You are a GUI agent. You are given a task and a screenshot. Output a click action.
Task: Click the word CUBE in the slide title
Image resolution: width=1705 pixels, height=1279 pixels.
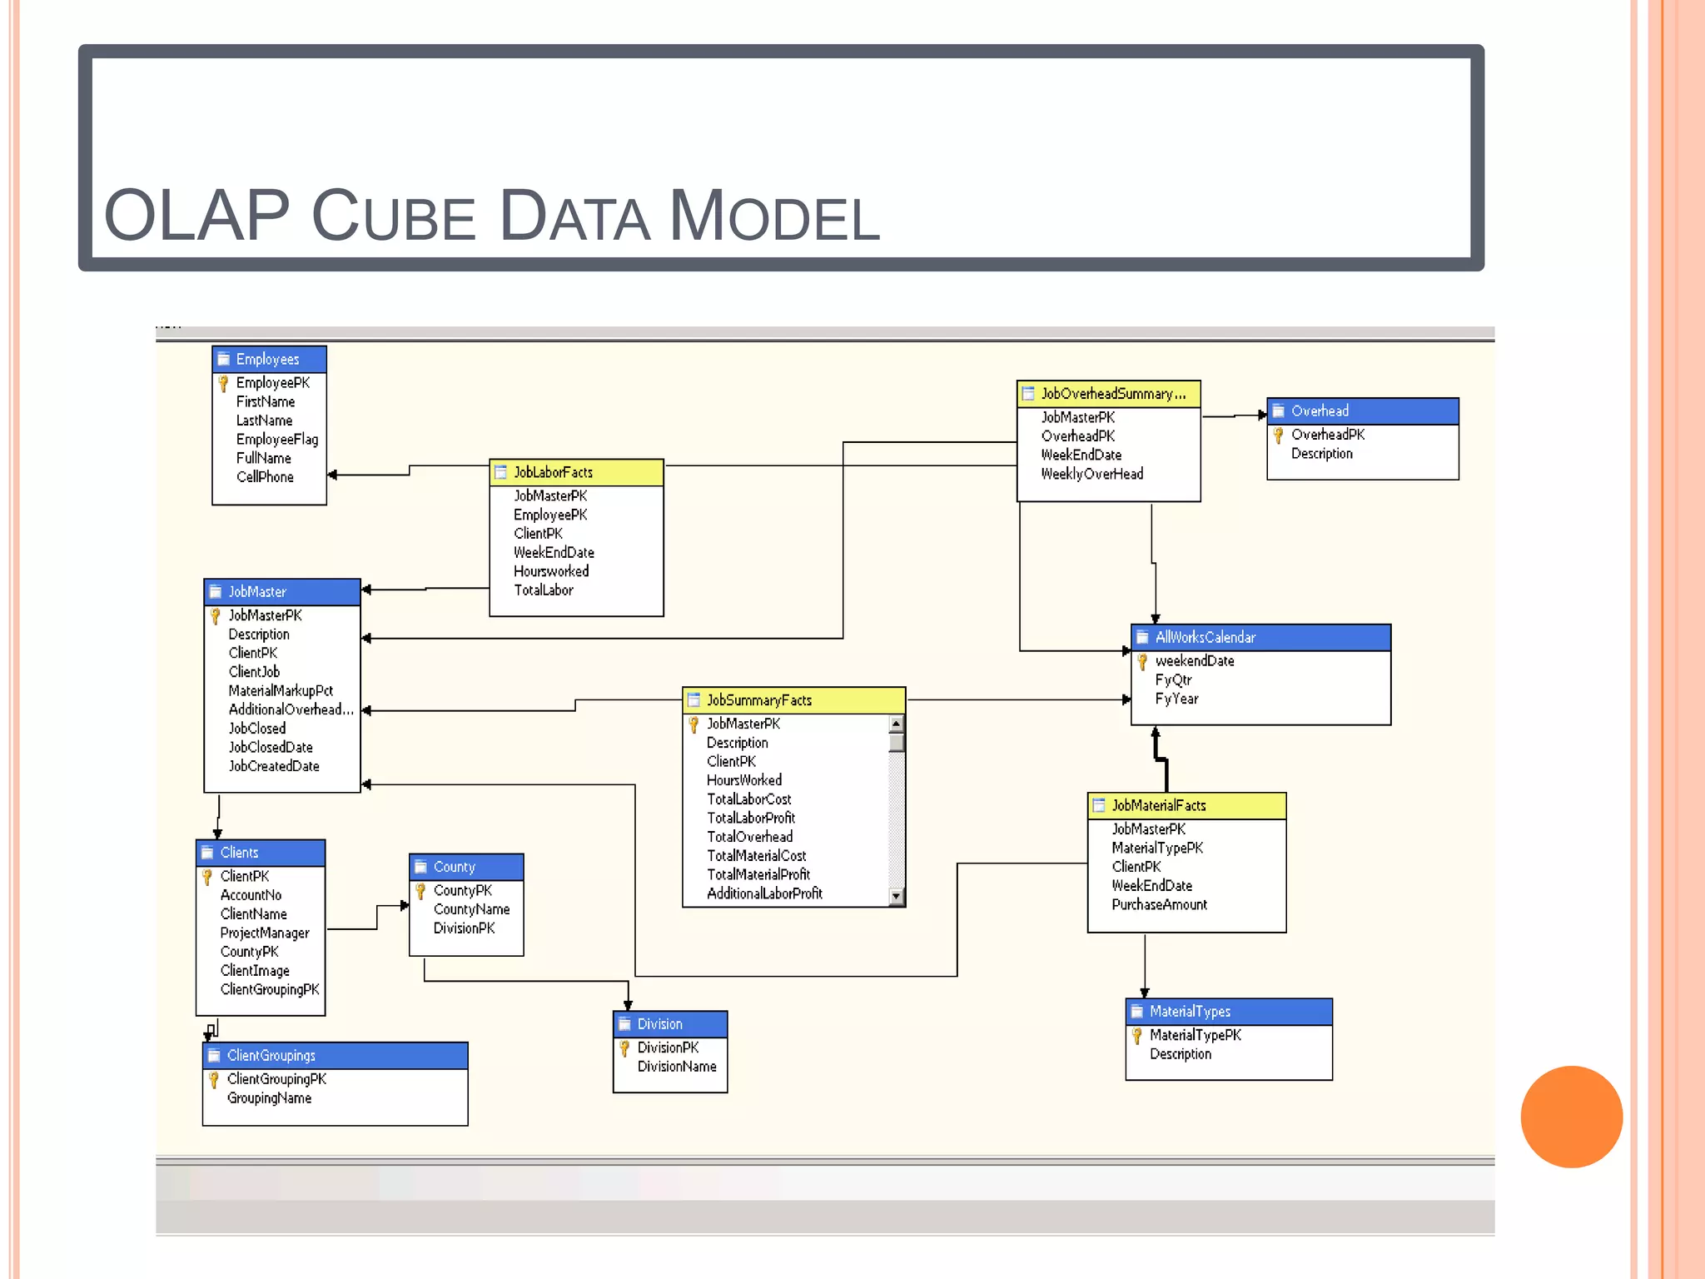coord(393,216)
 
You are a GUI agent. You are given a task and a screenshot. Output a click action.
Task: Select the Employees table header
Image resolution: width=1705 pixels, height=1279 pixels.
coord(268,359)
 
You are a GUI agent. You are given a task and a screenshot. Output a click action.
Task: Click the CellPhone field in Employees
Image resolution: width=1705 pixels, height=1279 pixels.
coord(265,477)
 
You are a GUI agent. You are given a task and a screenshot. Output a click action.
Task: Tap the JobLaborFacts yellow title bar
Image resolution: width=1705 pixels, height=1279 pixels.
coord(576,472)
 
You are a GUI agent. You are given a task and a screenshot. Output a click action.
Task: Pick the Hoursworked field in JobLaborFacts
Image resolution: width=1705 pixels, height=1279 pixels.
coord(551,571)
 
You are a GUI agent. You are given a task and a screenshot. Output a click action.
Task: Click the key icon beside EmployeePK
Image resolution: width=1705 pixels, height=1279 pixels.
coord(223,383)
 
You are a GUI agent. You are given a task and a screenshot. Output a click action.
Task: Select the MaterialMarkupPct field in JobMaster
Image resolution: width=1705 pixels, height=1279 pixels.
coord(281,690)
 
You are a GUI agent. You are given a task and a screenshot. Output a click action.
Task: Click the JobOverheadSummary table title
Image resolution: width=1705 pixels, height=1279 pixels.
coord(1108,394)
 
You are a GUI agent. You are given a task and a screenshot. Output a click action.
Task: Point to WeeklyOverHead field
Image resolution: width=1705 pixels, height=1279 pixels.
coord(1091,474)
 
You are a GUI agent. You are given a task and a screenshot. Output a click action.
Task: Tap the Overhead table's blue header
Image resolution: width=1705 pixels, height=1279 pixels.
coord(1362,411)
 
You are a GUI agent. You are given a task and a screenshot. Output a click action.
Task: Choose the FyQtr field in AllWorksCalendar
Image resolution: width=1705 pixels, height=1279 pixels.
coord(1173,679)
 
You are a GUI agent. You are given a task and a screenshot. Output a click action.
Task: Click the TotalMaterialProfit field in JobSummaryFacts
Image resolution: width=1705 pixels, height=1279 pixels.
coord(758,874)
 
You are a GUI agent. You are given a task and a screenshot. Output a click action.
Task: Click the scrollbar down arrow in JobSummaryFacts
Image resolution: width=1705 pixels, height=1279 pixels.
coord(896,897)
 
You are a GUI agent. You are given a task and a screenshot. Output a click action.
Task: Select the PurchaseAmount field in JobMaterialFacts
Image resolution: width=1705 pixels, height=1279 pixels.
coord(1159,904)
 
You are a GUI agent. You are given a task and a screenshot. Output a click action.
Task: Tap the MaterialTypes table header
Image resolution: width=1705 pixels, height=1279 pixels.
coord(1228,1011)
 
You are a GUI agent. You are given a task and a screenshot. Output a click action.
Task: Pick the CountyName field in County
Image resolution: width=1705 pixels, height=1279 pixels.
coord(471,909)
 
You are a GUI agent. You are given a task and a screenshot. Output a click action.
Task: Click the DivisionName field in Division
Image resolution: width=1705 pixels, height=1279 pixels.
coord(676,1067)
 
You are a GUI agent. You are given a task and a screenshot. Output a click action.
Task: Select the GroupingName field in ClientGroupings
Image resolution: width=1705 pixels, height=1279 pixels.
coord(269,1098)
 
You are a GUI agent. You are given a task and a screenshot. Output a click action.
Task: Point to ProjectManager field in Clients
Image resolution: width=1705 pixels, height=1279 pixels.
coord(264,933)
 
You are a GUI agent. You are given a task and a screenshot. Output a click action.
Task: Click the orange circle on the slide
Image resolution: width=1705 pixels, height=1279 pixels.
coord(1571,1117)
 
